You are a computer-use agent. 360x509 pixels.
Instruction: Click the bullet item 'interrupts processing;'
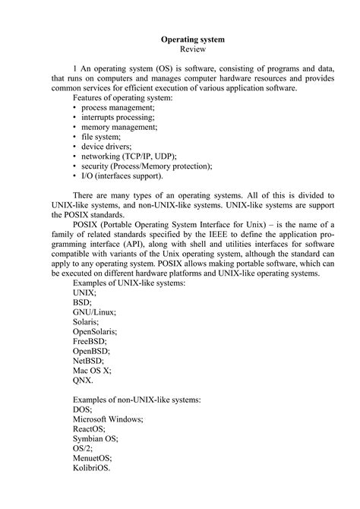click(x=118, y=119)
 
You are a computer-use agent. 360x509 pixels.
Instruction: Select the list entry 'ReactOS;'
click(x=90, y=428)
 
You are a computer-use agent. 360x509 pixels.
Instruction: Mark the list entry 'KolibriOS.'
click(x=92, y=468)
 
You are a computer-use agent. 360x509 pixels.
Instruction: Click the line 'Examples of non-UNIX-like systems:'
click(x=137, y=399)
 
